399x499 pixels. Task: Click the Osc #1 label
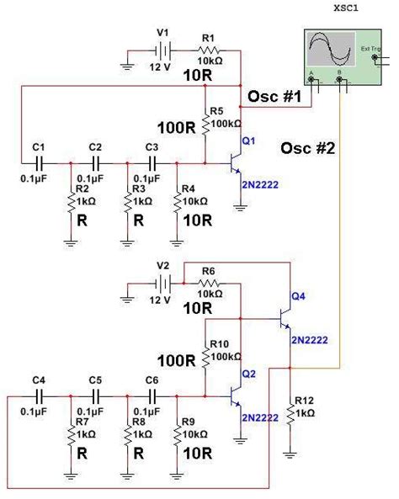coord(274,98)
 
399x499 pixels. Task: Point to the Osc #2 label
coord(308,149)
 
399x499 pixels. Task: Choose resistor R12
coord(290,413)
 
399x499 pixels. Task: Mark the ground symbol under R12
coord(290,454)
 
